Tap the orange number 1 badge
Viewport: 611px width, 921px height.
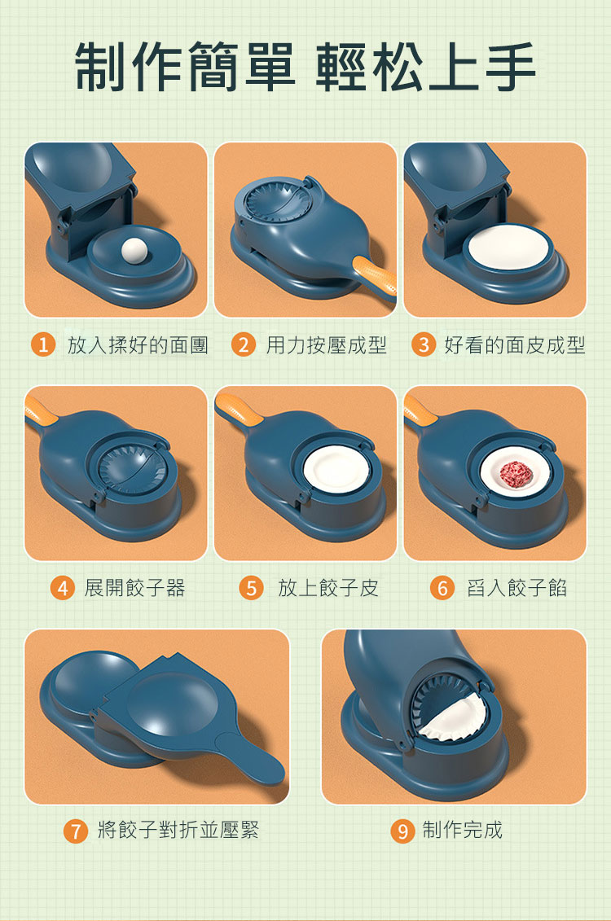[43, 344]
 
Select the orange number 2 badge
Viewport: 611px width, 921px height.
[244, 344]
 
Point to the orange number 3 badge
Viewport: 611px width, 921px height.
[423, 344]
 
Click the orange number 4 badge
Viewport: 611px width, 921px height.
[62, 587]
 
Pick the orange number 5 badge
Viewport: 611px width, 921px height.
[251, 587]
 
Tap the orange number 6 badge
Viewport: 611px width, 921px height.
[442, 587]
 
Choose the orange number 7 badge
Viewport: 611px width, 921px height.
[75, 831]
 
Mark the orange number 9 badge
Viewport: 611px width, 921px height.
[402, 831]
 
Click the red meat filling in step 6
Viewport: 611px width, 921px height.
[516, 474]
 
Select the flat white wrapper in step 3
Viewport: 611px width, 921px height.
[509, 246]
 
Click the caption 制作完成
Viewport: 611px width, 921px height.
[463, 830]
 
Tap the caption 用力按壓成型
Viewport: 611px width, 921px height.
[326, 344]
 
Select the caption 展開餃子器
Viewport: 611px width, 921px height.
[134, 587]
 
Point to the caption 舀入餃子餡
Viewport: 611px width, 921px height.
[517, 587]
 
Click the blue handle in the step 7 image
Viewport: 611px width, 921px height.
[252, 757]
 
